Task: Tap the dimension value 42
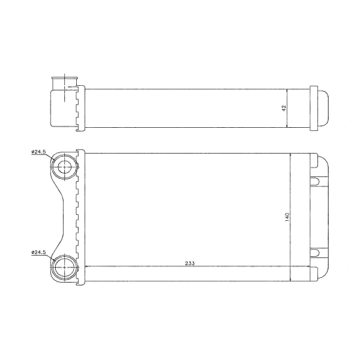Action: (x=284, y=108)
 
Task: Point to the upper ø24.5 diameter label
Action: (x=39, y=152)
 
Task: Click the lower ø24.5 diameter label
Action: (x=39, y=253)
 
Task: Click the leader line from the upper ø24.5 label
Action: (x=51, y=157)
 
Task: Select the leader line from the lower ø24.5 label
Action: (x=51, y=257)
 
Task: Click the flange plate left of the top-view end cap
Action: (x=313, y=108)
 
